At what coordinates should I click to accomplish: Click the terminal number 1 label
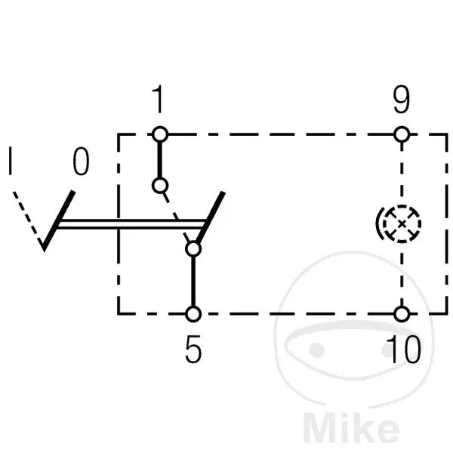[x=158, y=99]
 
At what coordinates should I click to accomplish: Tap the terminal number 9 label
[x=402, y=100]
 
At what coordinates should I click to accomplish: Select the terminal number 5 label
[x=193, y=349]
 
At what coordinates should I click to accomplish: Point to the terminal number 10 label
[x=403, y=349]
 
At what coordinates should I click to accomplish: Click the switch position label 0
[x=81, y=162]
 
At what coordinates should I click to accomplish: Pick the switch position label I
[x=11, y=161]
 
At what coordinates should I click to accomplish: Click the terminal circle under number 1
[x=160, y=134]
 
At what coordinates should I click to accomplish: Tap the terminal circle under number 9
[x=402, y=134]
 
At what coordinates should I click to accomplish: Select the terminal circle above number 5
[x=193, y=314]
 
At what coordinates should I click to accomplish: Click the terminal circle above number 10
[x=402, y=314]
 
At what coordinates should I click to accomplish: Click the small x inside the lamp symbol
[x=402, y=224]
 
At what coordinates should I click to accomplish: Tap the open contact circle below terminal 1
[x=160, y=186]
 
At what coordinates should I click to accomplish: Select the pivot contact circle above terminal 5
[x=193, y=249]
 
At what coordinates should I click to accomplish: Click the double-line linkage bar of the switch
[x=131, y=224]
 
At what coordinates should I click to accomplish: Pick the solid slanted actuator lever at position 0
[x=58, y=221]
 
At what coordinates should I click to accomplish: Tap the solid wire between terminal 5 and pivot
[x=193, y=282]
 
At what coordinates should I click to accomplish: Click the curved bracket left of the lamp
[x=379, y=223]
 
